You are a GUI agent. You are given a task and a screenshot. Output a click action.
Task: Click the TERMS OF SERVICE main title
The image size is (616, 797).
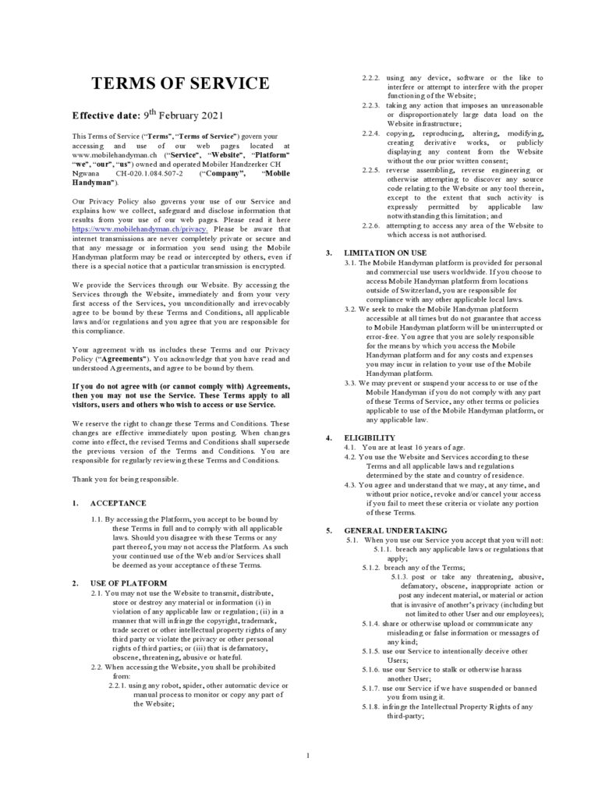coord(181,84)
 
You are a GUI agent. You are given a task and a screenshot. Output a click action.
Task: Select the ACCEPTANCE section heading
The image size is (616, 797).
coord(118,503)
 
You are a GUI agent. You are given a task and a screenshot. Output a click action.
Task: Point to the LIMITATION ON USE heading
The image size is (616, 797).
coord(385,252)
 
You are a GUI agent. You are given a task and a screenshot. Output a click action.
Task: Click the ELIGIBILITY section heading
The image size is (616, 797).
coord(370,437)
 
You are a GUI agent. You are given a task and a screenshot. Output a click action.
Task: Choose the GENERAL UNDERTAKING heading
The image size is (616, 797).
coord(395,530)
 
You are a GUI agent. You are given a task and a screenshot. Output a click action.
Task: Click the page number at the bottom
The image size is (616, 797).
coord(308,754)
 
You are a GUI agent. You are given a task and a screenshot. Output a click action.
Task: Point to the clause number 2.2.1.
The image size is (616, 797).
coord(120,685)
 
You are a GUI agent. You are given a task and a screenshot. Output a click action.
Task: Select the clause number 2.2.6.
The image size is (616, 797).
coord(371,225)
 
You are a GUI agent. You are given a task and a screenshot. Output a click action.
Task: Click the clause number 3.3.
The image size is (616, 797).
coord(350,383)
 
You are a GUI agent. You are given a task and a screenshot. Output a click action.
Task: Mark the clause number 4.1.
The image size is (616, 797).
coord(350,448)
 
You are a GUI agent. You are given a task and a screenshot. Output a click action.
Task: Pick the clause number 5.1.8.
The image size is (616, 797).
coord(371,707)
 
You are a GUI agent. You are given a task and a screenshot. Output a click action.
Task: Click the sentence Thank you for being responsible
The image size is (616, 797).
coord(125,478)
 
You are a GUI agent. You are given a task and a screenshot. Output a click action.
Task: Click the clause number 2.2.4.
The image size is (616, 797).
coord(371,133)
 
